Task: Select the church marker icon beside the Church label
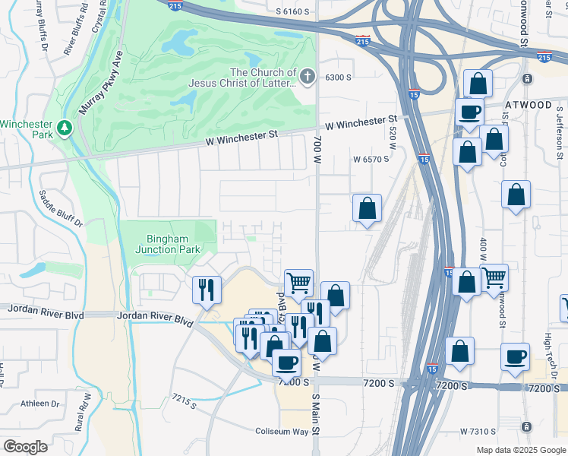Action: (x=307, y=75)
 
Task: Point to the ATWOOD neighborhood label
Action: (x=529, y=105)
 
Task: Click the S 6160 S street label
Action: (x=294, y=11)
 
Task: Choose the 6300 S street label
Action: (x=339, y=78)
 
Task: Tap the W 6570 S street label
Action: (x=371, y=160)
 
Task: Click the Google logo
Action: (x=25, y=446)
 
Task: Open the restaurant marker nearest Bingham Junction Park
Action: (x=207, y=289)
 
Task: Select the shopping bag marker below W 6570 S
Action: (x=367, y=207)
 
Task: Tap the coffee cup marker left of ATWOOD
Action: (x=469, y=112)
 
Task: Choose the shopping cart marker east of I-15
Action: (x=494, y=277)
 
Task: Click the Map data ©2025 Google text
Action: (x=519, y=450)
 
